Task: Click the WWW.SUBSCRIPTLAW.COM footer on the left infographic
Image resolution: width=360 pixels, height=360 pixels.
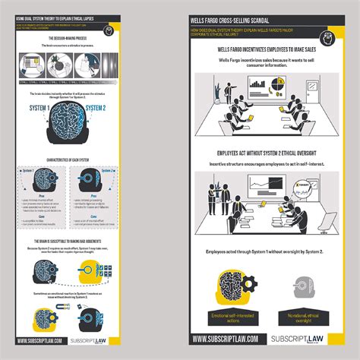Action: (x=39, y=340)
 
